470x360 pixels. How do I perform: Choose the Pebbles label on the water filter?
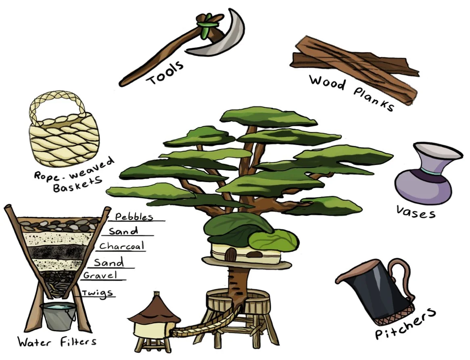click(134, 217)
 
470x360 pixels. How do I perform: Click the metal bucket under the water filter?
click(58, 317)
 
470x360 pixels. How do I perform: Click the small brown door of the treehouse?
click(231, 254)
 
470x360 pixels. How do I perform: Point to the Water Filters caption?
click(57, 342)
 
